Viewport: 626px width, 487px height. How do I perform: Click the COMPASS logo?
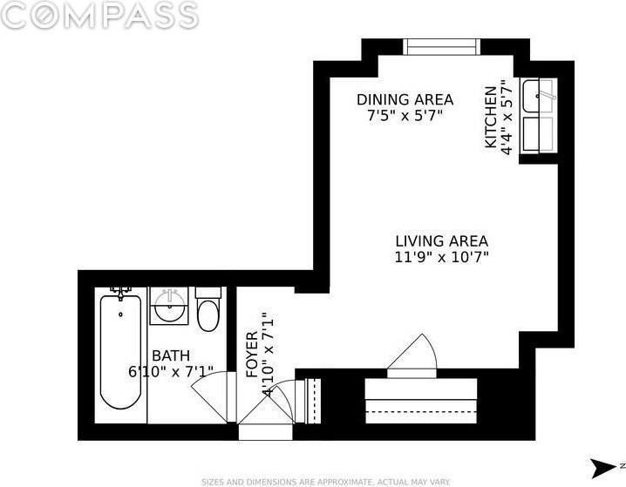tap(99, 15)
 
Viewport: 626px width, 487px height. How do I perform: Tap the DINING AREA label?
tap(405, 99)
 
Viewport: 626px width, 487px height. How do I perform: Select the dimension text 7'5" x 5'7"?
tap(405, 116)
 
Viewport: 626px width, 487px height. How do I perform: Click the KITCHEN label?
tap(491, 117)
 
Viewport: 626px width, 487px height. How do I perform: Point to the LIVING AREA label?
tap(441, 241)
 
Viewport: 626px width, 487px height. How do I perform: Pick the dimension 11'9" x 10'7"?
tap(441, 257)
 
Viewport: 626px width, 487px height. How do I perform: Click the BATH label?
tap(171, 355)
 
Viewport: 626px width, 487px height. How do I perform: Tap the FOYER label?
tap(252, 355)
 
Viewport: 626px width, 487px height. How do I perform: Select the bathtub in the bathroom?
tap(120, 352)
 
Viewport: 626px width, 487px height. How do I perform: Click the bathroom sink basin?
tap(170, 307)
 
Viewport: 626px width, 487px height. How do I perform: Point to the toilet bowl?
tap(208, 315)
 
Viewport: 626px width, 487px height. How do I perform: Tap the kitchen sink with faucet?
tap(539, 96)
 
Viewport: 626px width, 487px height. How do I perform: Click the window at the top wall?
tap(441, 47)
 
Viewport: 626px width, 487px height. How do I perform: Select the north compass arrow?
tap(603, 468)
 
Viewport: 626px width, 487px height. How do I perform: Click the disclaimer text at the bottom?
tap(326, 482)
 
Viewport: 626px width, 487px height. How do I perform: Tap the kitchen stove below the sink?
tap(539, 134)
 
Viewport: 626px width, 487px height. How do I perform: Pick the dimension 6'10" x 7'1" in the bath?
tap(171, 372)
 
